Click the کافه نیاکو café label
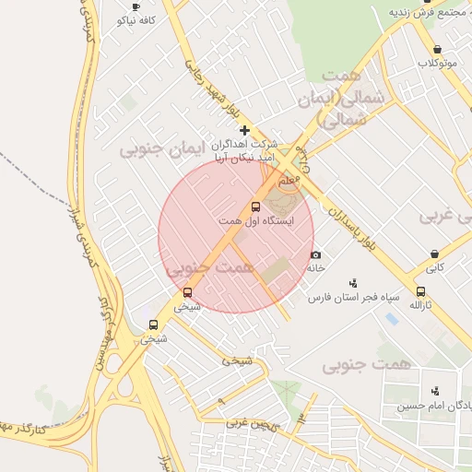tap(136, 19)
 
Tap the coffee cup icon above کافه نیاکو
tap(136, 6)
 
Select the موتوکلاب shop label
tap(437, 63)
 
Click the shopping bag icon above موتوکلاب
tap(437, 50)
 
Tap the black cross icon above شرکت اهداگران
tap(244, 131)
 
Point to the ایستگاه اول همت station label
tap(255, 221)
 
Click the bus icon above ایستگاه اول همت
tap(256, 207)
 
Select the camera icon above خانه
tap(316, 254)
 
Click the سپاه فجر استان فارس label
tap(352, 298)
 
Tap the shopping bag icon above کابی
tap(434, 254)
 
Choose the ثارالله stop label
tap(420, 304)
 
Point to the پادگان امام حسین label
tap(434, 406)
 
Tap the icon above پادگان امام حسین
tap(435, 391)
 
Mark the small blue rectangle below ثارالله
tap(392, 319)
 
